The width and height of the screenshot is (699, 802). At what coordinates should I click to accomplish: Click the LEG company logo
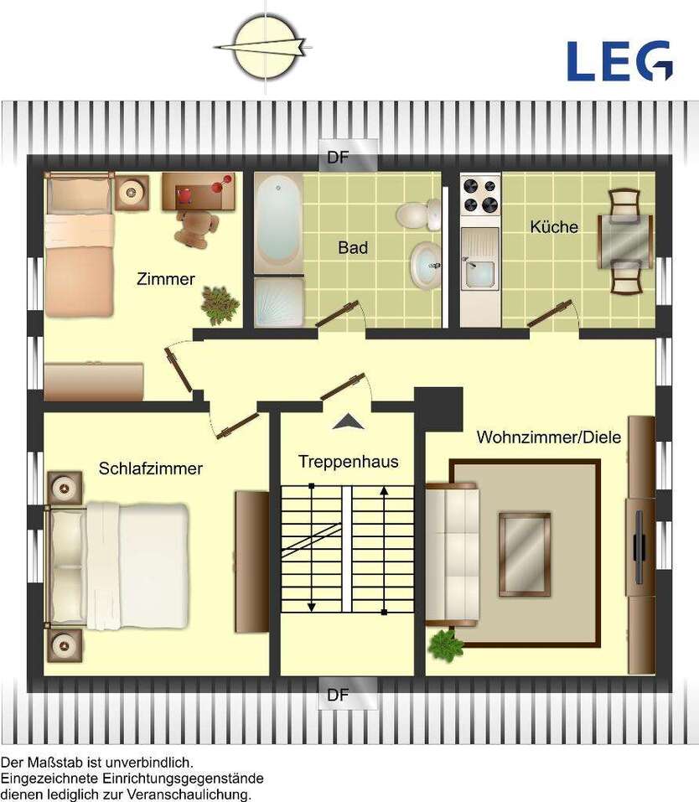click(619, 61)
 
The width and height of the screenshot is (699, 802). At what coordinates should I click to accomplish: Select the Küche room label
click(554, 226)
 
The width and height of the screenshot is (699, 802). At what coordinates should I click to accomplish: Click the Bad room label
click(353, 247)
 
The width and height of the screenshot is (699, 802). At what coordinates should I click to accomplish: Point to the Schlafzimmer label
click(150, 468)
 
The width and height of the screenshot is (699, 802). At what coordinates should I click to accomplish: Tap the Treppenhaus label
click(349, 462)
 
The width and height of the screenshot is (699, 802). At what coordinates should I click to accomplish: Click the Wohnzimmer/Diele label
click(549, 437)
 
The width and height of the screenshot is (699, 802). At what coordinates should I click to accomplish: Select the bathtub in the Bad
click(278, 223)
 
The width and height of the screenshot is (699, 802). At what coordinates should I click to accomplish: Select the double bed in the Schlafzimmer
click(116, 566)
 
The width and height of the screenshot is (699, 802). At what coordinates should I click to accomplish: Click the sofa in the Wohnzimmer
click(452, 554)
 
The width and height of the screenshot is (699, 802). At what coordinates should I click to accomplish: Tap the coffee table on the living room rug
click(525, 554)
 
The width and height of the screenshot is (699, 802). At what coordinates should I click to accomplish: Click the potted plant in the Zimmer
click(220, 305)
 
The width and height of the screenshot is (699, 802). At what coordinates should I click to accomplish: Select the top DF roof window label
click(338, 157)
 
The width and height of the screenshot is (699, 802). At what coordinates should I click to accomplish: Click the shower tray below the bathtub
click(278, 302)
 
